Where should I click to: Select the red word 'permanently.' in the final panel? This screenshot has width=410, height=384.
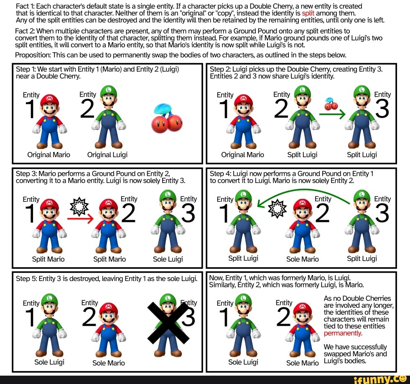coord(343,334)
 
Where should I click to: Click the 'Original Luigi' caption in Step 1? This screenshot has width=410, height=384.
coord(107,155)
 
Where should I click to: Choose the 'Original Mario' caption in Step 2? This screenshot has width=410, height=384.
coord(243,155)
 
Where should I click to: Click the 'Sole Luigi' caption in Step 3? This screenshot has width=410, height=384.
coord(168,259)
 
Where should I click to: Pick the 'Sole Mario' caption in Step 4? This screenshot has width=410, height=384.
coord(303,259)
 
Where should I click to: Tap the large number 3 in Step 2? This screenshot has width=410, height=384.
coord(382,108)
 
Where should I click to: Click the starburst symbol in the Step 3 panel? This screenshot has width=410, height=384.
coord(79,205)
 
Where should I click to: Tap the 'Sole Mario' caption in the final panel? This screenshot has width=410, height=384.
coord(303,363)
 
